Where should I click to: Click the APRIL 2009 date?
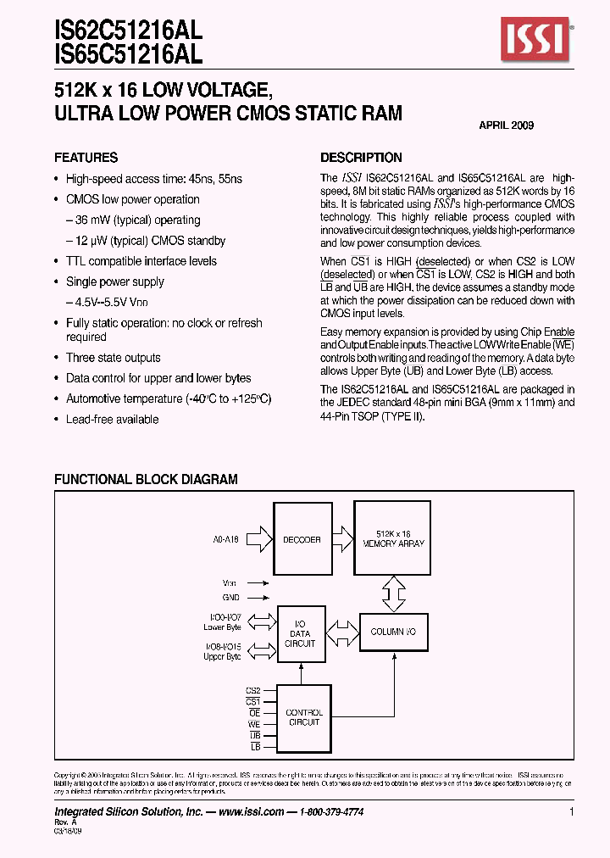(x=506, y=125)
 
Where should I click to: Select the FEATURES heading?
(x=86, y=158)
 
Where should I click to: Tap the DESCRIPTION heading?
(x=361, y=158)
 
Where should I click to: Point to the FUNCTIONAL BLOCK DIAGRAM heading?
(x=146, y=479)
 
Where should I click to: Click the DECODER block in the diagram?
(x=302, y=539)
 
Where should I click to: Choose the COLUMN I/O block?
(x=393, y=632)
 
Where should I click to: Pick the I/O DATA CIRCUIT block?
(x=302, y=634)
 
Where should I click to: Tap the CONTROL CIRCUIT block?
(x=302, y=717)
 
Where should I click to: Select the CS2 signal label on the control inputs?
(x=252, y=691)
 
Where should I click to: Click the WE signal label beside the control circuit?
(x=253, y=724)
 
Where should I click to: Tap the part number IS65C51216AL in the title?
(x=128, y=55)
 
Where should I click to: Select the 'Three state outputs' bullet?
(x=113, y=358)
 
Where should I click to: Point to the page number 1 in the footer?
(x=572, y=811)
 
